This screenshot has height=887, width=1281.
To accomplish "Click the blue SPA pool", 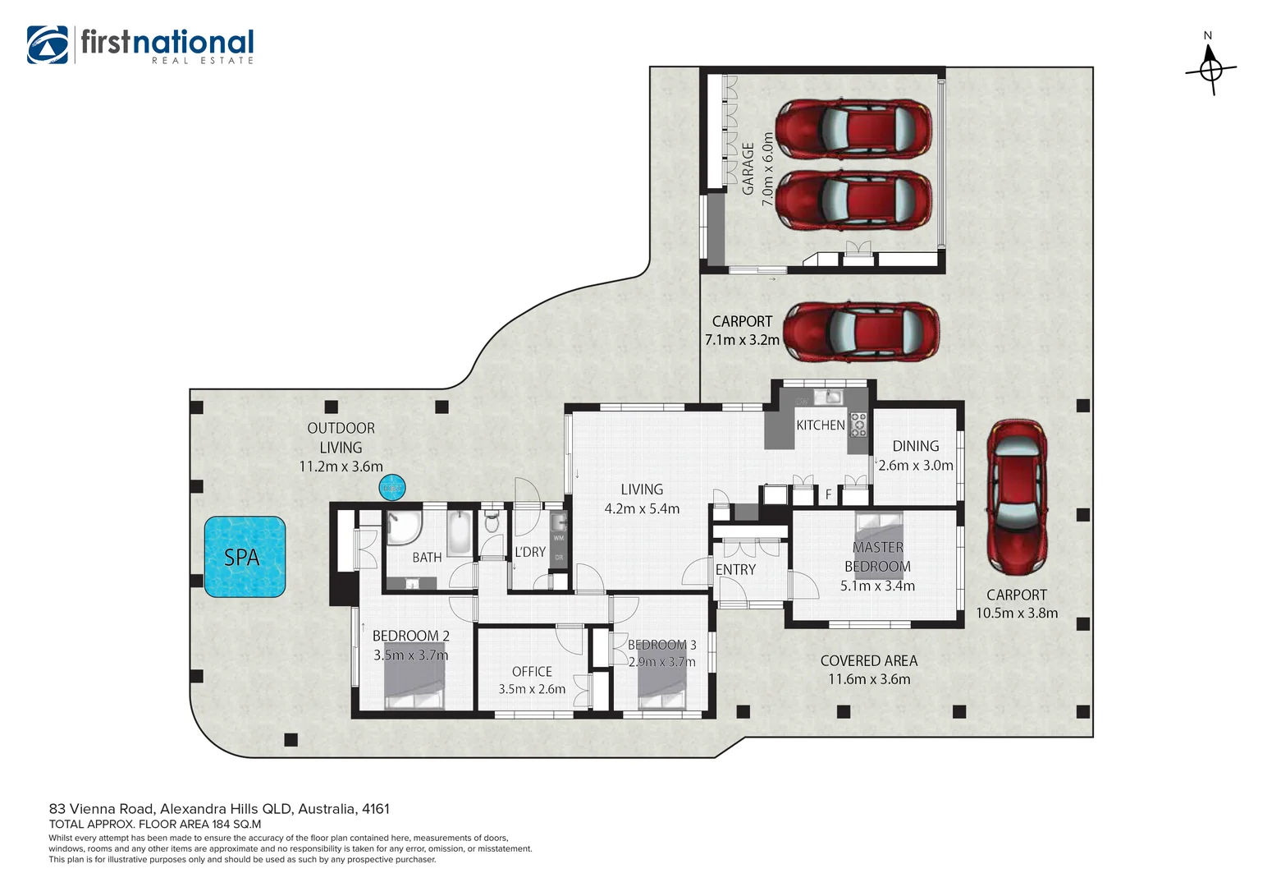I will click(245, 557).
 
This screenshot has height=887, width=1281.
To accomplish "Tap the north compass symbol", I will click(1210, 69).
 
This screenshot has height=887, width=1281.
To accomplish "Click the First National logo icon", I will click(48, 44).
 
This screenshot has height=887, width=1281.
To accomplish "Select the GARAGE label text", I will click(748, 168).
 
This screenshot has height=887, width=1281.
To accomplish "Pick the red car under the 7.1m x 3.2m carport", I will click(861, 332).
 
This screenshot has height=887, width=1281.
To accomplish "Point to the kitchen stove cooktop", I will click(858, 424).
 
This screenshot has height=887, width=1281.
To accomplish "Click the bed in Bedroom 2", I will click(414, 676).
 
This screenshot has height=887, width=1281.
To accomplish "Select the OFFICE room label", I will click(532, 671).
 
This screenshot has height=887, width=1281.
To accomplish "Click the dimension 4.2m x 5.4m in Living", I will click(642, 509).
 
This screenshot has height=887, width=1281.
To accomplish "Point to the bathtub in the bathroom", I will click(460, 533).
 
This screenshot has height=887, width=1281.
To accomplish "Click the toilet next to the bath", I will click(492, 522).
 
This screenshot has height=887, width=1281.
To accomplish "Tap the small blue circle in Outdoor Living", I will click(392, 488).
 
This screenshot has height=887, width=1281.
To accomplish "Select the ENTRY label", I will click(735, 569).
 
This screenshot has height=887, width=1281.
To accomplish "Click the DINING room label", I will click(915, 446).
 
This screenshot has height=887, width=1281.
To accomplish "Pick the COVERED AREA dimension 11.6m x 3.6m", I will click(869, 679).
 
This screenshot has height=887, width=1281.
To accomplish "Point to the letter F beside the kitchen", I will click(829, 494).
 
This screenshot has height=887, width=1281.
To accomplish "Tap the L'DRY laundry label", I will click(530, 552).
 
